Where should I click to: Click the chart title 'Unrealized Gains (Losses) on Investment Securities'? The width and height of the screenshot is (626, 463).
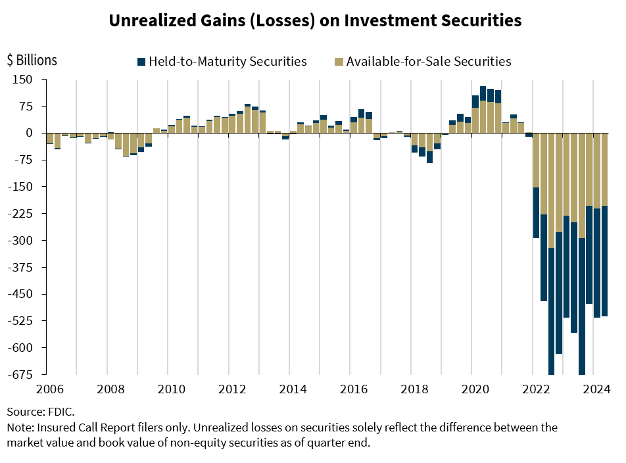[315, 20]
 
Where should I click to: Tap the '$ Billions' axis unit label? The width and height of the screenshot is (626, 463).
[32, 60]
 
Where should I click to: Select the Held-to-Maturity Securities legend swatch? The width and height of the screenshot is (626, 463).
[141, 62]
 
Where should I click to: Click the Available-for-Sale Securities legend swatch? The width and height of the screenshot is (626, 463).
[339, 62]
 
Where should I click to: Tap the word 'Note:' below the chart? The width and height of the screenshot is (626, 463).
[21, 427]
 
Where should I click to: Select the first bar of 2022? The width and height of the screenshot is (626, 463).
[537, 184]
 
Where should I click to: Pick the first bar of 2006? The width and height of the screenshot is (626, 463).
[49, 138]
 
